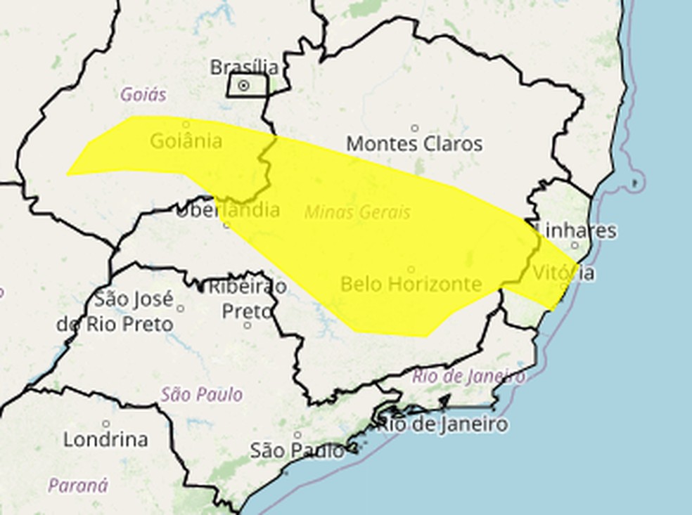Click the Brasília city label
(244, 67)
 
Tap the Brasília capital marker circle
(244, 86)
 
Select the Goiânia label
(186, 141)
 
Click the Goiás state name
(143, 94)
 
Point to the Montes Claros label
(414, 144)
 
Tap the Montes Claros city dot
(415, 128)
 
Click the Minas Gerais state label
(357, 211)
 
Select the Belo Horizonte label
(411, 284)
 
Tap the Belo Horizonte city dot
(411, 269)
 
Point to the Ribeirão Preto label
(246, 298)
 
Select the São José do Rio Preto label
(116, 311)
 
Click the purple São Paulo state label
(201, 394)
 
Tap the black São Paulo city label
(297, 450)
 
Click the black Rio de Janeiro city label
(442, 424)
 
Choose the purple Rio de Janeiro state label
(468, 376)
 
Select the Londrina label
(106, 440)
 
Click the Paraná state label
(78, 485)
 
